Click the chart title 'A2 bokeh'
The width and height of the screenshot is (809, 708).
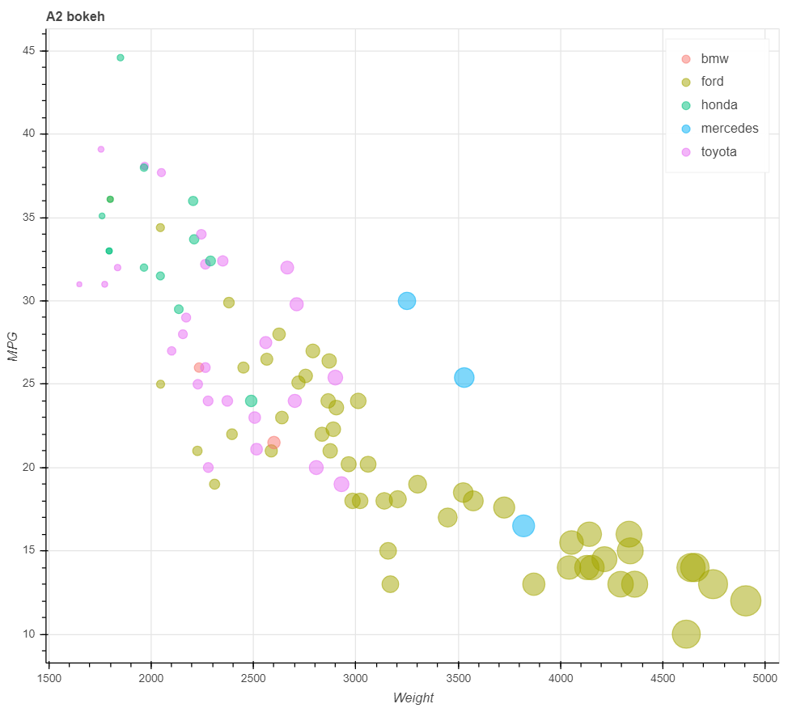(75, 16)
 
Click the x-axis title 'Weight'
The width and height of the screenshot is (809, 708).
(413, 697)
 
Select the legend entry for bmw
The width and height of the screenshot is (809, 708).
(714, 59)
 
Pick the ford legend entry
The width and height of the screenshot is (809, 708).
(712, 82)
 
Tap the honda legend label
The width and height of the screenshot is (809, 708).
(719, 105)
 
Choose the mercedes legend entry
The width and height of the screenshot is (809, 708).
(729, 128)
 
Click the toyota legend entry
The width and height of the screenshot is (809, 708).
(718, 151)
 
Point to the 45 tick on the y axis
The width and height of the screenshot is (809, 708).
(31, 51)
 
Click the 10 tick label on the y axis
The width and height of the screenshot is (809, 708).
(31, 634)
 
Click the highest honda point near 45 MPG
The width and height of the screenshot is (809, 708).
(121, 57)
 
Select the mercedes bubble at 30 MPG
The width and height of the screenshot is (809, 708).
(407, 300)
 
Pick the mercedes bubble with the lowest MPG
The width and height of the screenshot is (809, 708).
(523, 526)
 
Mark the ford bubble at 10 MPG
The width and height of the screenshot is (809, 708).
(686, 634)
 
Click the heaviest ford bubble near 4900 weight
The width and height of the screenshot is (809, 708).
(746, 600)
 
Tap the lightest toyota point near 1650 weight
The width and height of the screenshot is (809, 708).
(79, 284)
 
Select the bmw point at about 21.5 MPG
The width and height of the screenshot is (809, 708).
(273, 443)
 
